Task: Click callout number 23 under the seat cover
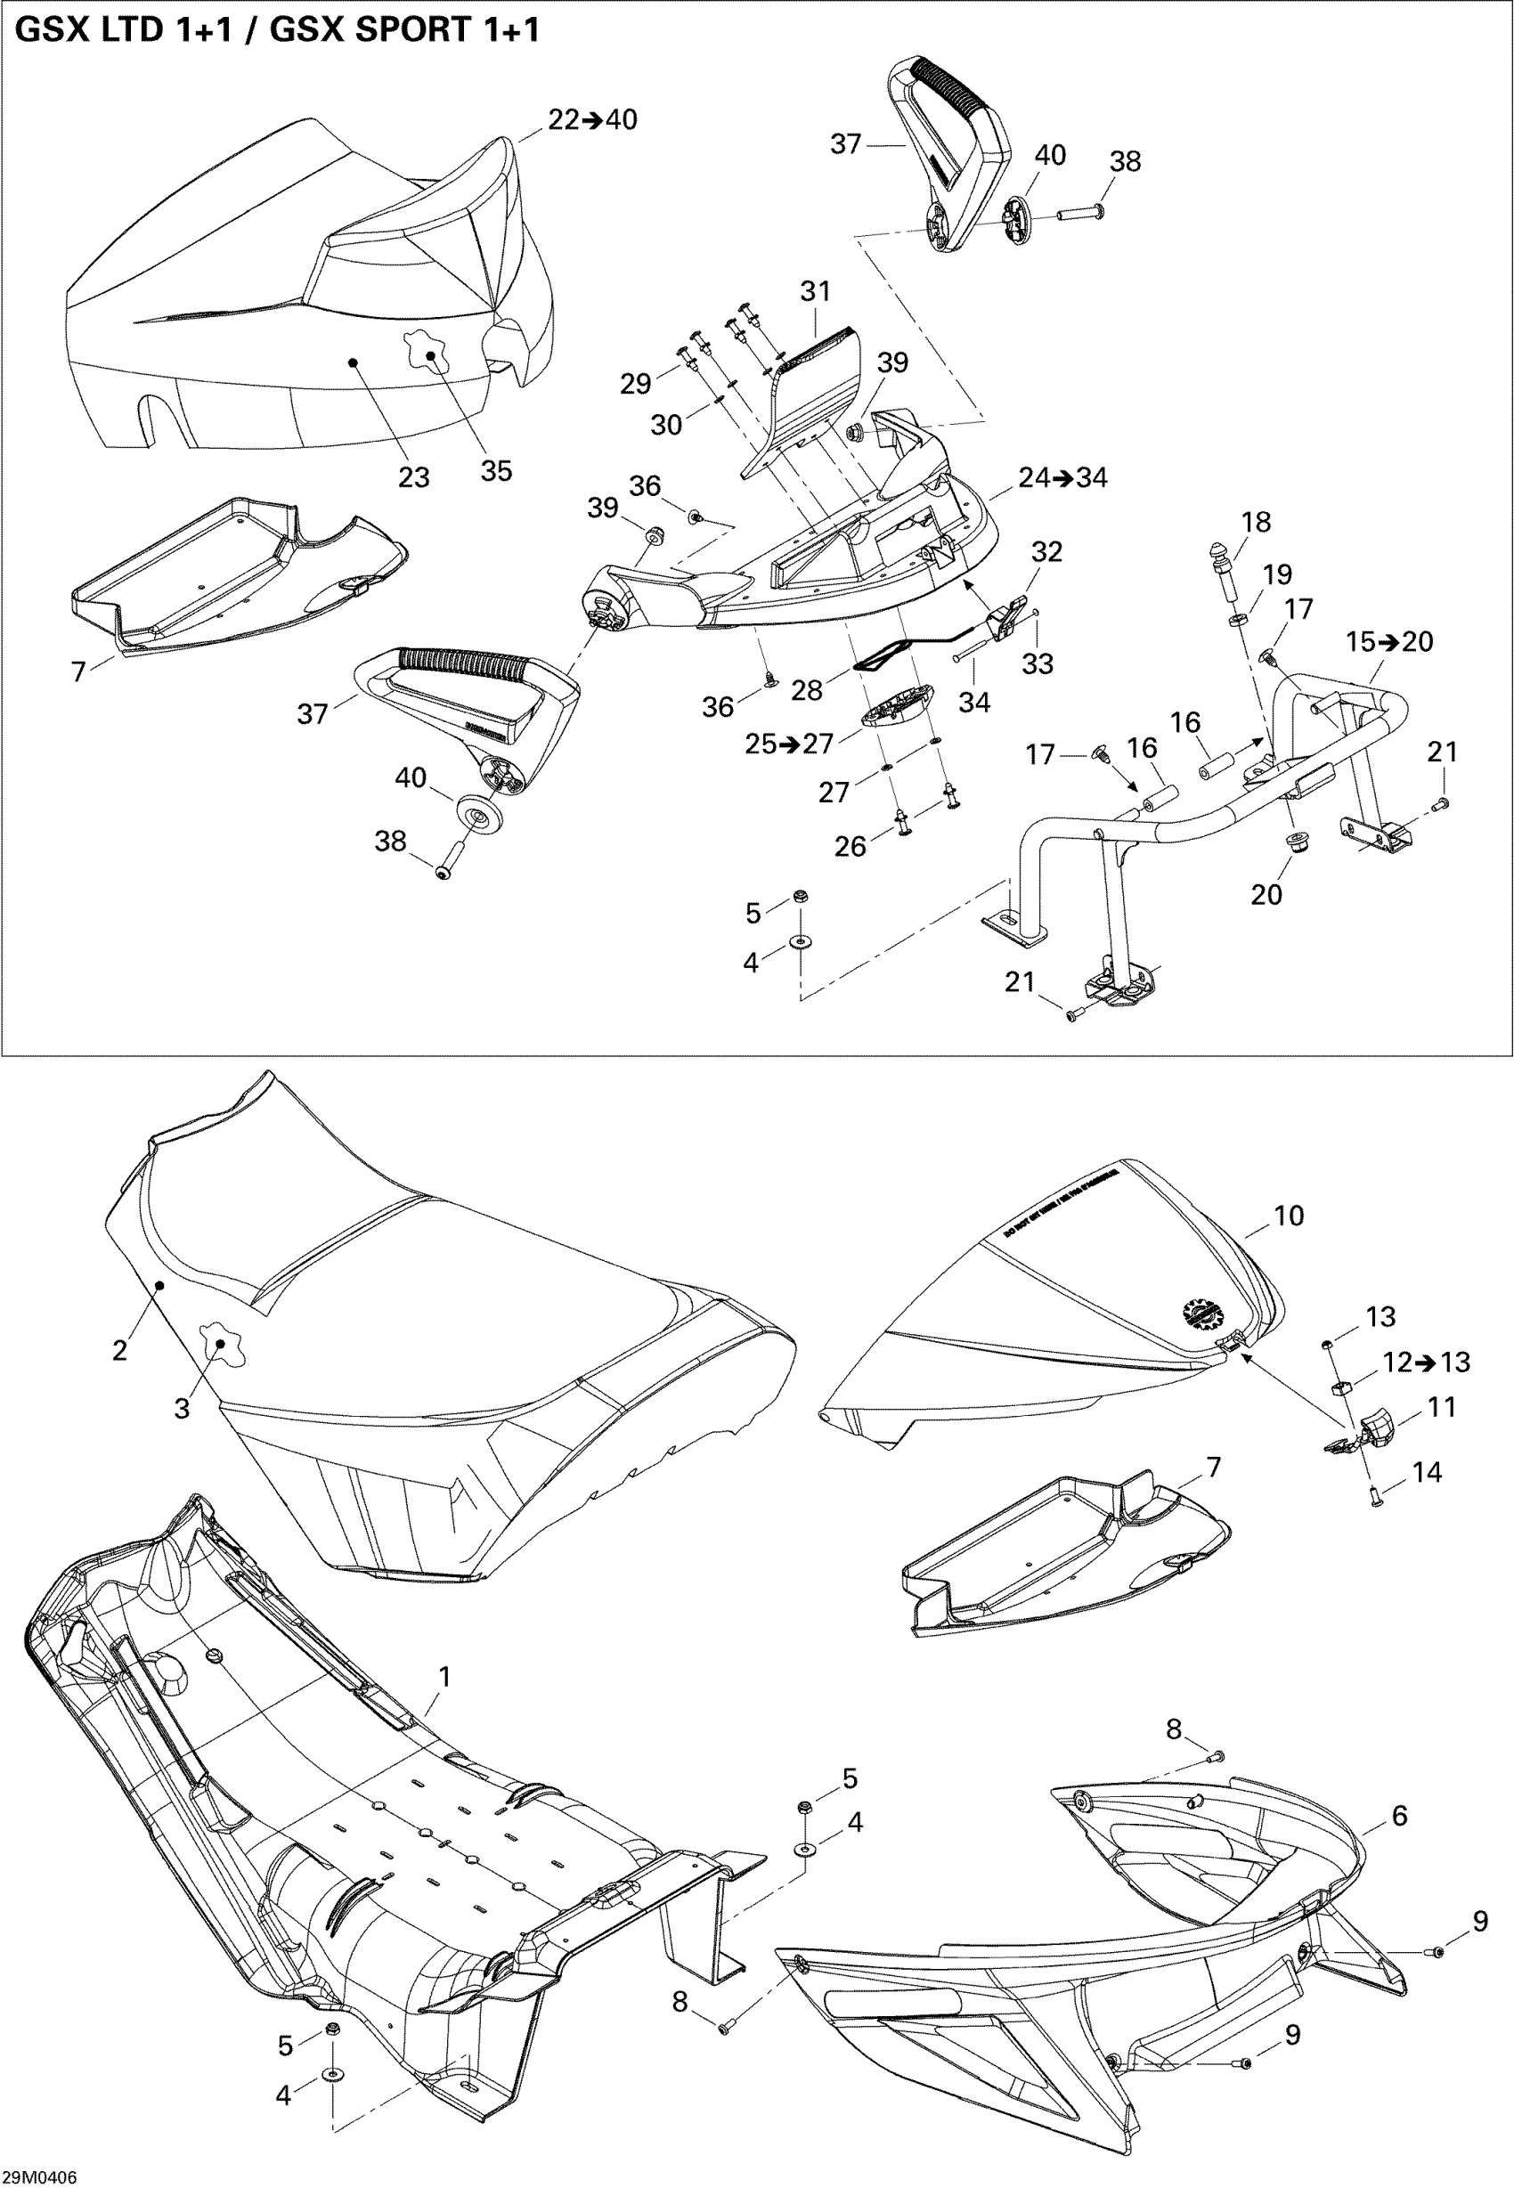coord(413,476)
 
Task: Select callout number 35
coord(496,470)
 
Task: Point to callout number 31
coord(815,291)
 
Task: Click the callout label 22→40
coord(593,119)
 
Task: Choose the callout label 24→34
coord(1062,477)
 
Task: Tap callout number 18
coord(1256,522)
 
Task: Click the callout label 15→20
coord(1389,641)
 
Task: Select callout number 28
coord(806,689)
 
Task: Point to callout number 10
coord(1288,1215)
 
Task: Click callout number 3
coord(183,1409)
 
